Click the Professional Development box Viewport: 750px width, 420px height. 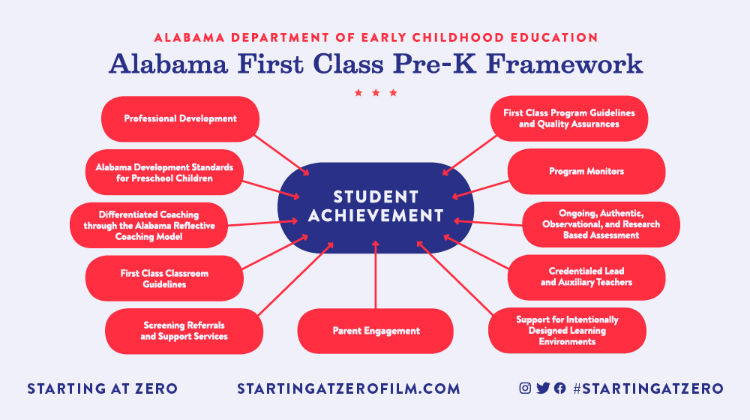[x=180, y=119]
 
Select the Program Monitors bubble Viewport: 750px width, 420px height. [x=586, y=171]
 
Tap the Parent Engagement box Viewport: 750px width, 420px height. [x=376, y=331]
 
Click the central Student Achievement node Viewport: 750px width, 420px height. [x=376, y=208]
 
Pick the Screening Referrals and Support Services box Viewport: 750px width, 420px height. [x=184, y=331]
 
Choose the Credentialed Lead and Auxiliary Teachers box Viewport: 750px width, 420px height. [x=586, y=277]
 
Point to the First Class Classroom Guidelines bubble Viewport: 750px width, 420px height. [x=164, y=278]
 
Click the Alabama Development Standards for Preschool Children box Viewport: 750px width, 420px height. [x=164, y=172]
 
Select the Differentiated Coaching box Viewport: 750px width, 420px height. [x=148, y=225]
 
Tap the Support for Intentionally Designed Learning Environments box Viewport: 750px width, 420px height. [x=567, y=331]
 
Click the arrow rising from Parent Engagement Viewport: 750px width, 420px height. [x=376, y=274]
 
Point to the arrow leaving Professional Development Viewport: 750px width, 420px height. [x=282, y=155]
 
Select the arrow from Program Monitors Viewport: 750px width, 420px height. [x=480, y=189]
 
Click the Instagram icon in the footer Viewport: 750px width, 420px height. [x=525, y=388]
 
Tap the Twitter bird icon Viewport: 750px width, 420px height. [x=543, y=388]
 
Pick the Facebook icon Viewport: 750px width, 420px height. [x=559, y=388]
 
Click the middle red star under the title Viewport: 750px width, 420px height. [x=376, y=93]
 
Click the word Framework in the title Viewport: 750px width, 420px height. [x=565, y=64]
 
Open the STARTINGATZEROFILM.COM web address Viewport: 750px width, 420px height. [x=349, y=388]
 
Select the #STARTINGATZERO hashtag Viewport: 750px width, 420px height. [x=648, y=388]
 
